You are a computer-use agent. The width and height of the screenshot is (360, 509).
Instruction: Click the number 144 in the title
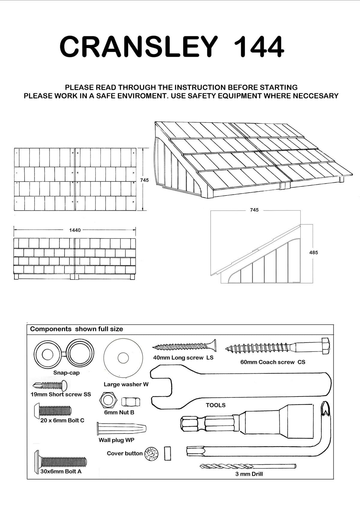coord(259,47)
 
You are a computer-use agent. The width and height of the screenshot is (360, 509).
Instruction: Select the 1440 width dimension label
coord(75,230)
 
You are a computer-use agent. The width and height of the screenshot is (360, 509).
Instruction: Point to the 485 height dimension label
coord(313,253)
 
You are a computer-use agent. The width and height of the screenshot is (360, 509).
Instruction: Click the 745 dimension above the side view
coord(254,210)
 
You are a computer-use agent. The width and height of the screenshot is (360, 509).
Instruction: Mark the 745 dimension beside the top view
coord(144,180)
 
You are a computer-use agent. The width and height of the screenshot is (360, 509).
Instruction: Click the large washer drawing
coord(123,358)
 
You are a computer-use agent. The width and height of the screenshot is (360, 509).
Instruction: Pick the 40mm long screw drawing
coord(184,347)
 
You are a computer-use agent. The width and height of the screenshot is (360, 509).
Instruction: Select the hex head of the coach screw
coord(325,346)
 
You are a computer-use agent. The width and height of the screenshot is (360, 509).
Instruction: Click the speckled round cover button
coord(151,454)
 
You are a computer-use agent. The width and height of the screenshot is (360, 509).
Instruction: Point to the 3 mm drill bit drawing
coord(248,466)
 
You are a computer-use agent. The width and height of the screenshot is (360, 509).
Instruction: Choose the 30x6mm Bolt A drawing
coord(61,461)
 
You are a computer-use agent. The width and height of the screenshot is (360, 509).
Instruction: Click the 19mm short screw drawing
coord(50,385)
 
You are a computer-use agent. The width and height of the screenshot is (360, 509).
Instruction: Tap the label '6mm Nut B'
coord(119,412)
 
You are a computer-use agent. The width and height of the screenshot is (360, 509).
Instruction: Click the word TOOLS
coord(215,405)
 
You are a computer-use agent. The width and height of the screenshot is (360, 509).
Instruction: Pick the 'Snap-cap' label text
coord(66,373)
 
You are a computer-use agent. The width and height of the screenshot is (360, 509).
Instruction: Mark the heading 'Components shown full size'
coord(76,329)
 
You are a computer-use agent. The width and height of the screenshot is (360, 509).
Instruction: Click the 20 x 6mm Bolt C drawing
coord(53,410)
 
